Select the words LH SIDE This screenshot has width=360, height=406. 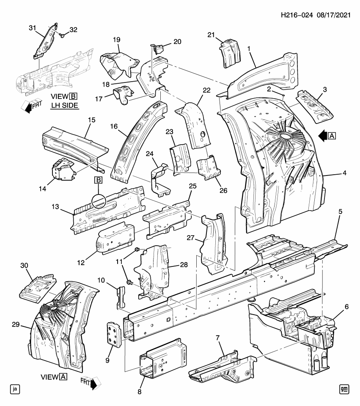pyautogui.click(x=64, y=105)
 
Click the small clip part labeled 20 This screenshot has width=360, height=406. pyautogui.click(x=158, y=48)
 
